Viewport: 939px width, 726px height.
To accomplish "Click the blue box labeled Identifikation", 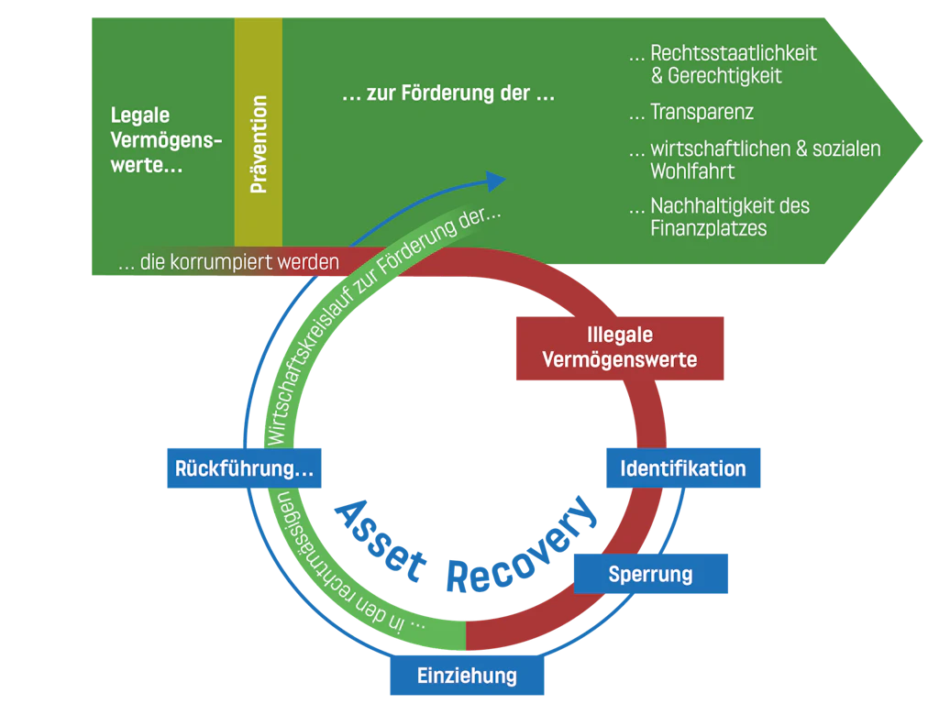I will tap(682, 468).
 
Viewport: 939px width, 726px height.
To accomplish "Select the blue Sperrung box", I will tap(651, 575).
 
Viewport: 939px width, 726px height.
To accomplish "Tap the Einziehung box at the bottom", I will tap(468, 676).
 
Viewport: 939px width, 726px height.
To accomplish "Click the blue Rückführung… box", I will tap(245, 468).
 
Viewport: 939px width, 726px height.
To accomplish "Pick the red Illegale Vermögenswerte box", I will tap(620, 348).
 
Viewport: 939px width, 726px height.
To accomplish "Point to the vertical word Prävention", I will tap(259, 144).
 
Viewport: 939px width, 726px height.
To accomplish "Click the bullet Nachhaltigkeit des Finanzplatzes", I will tap(720, 217).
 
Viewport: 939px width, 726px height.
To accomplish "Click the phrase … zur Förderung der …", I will tap(448, 94).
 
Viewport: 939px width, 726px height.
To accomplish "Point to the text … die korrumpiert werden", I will tap(229, 262).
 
